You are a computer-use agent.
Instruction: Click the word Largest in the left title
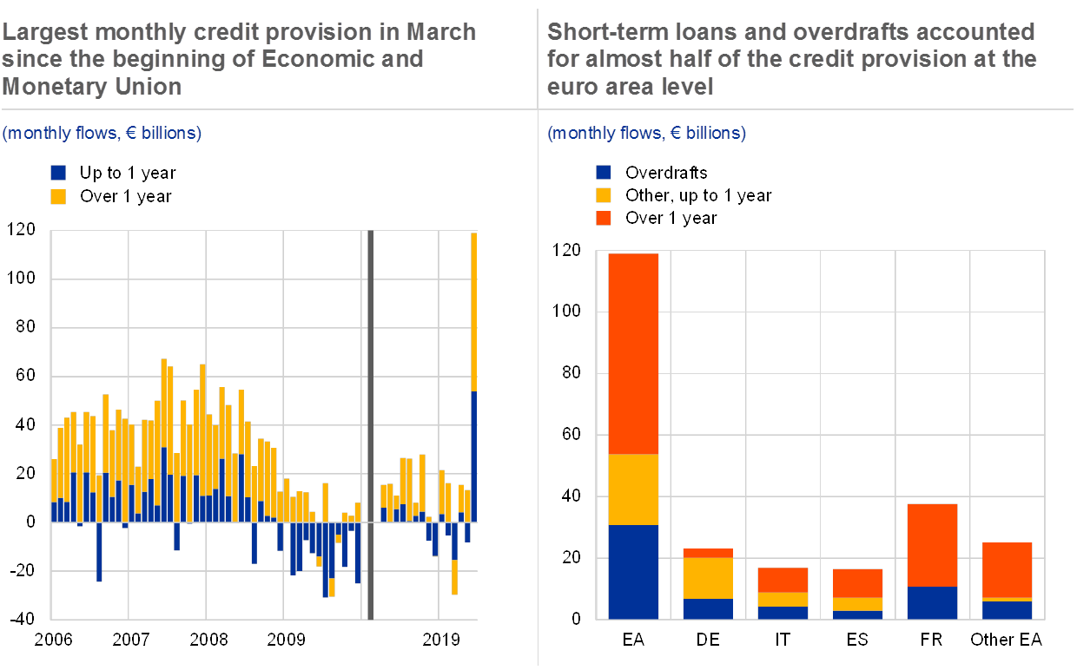click(45, 33)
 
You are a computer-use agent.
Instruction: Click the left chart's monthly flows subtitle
click(102, 134)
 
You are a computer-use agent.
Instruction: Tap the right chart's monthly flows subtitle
click(646, 134)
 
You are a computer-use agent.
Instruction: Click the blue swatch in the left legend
click(58, 173)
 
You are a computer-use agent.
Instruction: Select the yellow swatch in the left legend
click(58, 196)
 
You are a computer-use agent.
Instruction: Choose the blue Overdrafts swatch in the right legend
click(604, 173)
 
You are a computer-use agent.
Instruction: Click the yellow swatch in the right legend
click(604, 195)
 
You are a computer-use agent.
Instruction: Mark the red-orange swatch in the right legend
click(604, 218)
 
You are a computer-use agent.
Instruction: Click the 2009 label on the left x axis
click(286, 640)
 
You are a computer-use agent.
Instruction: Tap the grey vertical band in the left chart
click(370, 425)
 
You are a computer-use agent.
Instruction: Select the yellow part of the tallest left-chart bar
click(474, 312)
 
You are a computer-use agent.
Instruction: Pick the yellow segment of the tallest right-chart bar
click(633, 489)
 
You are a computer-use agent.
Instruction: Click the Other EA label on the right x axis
click(1006, 640)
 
